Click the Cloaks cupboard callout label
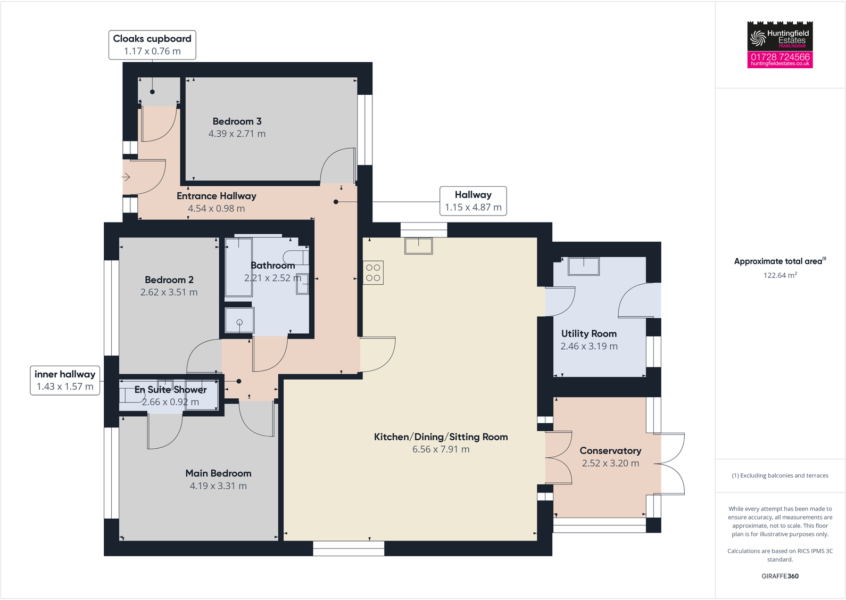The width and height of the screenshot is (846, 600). [x=152, y=45]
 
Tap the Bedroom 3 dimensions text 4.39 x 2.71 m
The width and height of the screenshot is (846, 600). [x=237, y=134]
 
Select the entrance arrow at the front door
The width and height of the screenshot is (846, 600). [x=127, y=177]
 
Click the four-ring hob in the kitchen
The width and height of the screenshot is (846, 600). [x=373, y=273]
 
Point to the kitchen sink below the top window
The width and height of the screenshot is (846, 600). [x=419, y=245]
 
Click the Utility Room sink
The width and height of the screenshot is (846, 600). [x=584, y=266]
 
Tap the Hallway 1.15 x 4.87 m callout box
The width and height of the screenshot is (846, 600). [x=473, y=201]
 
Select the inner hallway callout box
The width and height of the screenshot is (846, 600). [x=65, y=380]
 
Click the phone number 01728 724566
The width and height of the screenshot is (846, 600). [x=780, y=56]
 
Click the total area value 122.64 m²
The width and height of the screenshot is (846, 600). [x=780, y=275]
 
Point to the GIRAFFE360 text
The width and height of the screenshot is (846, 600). [x=780, y=576]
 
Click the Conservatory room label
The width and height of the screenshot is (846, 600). [x=610, y=450]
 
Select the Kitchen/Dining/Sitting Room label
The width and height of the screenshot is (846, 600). [x=441, y=437]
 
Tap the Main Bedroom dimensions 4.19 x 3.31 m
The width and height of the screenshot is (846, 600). [x=218, y=486]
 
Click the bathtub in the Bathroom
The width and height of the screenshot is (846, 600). [x=238, y=267]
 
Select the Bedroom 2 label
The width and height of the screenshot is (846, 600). [x=169, y=280]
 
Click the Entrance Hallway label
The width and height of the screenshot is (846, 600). [x=217, y=196]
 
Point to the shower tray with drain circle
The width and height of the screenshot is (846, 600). [x=239, y=320]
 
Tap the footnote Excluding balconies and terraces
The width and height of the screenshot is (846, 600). [x=780, y=475]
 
